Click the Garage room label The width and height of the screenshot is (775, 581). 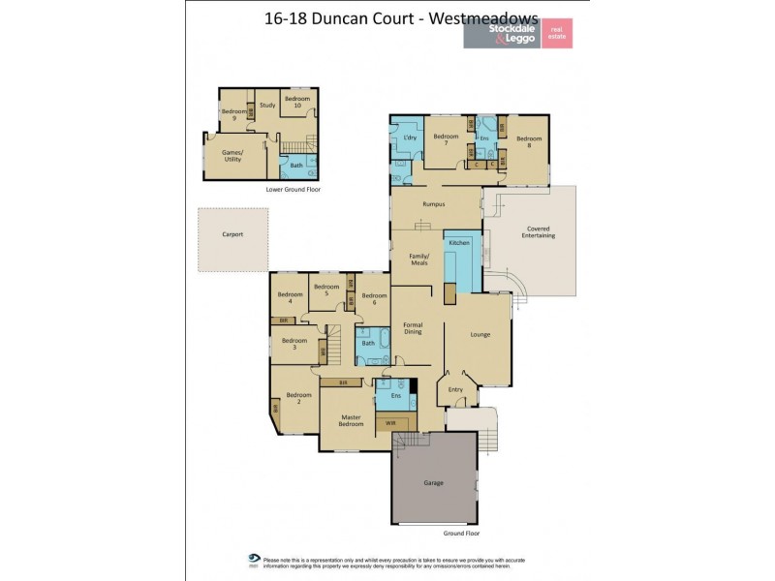click(x=433, y=482)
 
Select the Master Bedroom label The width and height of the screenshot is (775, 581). click(x=350, y=420)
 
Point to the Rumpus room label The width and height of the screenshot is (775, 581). click(x=433, y=204)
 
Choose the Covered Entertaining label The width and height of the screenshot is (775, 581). click(x=539, y=231)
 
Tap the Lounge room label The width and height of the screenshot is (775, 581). click(x=480, y=335)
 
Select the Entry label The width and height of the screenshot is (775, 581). click(x=455, y=389)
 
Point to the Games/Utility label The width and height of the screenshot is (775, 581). click(x=232, y=156)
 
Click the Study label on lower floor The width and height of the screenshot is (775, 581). click(x=268, y=105)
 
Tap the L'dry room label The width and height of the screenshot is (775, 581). click(x=409, y=139)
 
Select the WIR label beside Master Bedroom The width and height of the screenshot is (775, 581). click(x=390, y=422)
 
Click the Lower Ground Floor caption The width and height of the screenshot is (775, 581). click(x=293, y=190)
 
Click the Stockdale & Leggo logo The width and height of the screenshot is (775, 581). click(x=501, y=34)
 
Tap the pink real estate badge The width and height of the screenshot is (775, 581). click(x=556, y=33)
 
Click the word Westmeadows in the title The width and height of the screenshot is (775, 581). click(x=479, y=17)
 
